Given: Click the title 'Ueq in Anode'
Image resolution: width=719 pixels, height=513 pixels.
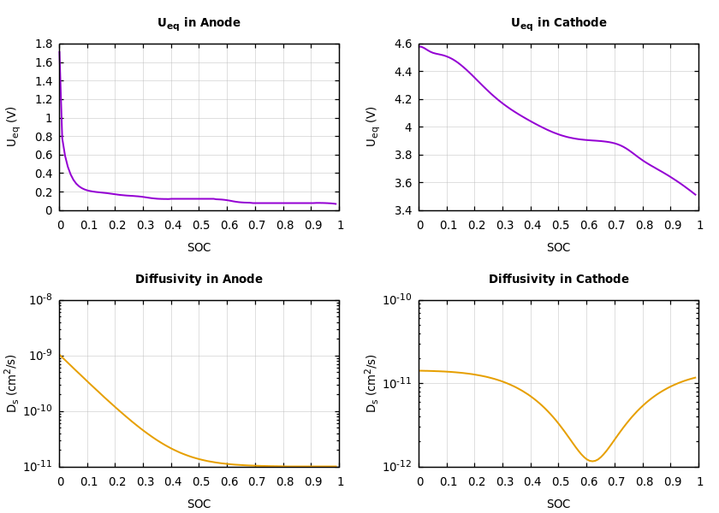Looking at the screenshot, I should [199, 23].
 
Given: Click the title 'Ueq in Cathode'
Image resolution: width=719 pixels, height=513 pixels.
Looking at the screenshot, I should [558, 23].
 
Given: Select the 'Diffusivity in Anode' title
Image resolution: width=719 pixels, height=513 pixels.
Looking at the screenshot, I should [199, 280].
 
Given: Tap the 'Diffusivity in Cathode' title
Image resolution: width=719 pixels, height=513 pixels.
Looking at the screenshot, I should [558, 280].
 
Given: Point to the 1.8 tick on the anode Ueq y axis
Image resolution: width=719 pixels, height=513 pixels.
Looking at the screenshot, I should [43, 44].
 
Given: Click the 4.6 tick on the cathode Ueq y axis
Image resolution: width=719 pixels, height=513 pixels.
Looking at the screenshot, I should [402, 44].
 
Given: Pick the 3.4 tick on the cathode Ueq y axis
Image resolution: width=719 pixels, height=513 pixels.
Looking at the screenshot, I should [402, 210].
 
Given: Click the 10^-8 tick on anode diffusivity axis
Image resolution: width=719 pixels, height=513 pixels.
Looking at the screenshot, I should [40, 300].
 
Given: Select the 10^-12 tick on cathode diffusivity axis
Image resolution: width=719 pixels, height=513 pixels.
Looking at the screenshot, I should [398, 467].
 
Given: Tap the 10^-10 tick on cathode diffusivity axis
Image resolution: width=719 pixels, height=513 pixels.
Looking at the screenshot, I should [398, 300].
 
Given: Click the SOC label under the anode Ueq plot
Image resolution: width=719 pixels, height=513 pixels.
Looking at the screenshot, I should [199, 248].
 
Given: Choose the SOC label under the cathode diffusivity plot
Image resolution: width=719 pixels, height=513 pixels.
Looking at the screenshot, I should [558, 504].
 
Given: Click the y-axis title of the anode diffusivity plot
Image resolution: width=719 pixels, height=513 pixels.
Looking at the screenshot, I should [13, 383].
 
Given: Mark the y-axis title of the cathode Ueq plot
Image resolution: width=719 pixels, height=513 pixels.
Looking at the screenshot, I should [372, 127].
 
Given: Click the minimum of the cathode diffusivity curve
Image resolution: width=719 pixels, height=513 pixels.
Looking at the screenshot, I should [592, 461].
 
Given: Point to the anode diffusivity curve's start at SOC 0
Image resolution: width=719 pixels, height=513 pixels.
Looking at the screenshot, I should [61, 356].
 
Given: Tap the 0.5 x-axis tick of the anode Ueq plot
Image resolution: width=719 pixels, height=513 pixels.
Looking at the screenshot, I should [199, 226].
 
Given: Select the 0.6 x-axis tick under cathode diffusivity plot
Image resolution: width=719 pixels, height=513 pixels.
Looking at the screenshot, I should [587, 482].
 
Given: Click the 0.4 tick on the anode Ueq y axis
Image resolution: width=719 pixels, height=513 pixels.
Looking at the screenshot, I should [43, 174].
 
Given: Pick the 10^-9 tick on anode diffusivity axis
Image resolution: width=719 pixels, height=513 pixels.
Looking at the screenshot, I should [40, 356].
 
